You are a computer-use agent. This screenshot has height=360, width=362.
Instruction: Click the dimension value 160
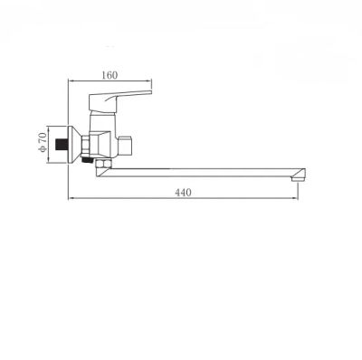[x=110, y=75]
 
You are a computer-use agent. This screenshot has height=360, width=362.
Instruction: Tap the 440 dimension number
[x=183, y=193]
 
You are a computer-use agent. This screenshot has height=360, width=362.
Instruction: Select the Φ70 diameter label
[x=43, y=143]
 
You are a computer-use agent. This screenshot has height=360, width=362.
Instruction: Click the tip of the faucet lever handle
[x=150, y=92]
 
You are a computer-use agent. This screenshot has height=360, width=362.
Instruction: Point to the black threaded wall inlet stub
[x=62, y=145]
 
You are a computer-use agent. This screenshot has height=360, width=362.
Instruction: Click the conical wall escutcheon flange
[x=74, y=145]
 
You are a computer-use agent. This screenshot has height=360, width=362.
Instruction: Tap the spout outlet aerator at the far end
[x=298, y=178]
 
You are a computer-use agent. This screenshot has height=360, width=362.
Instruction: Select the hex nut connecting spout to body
[x=103, y=164]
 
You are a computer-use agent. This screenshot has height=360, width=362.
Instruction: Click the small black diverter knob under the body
[x=87, y=159]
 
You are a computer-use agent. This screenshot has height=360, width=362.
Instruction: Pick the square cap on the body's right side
[x=126, y=147]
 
